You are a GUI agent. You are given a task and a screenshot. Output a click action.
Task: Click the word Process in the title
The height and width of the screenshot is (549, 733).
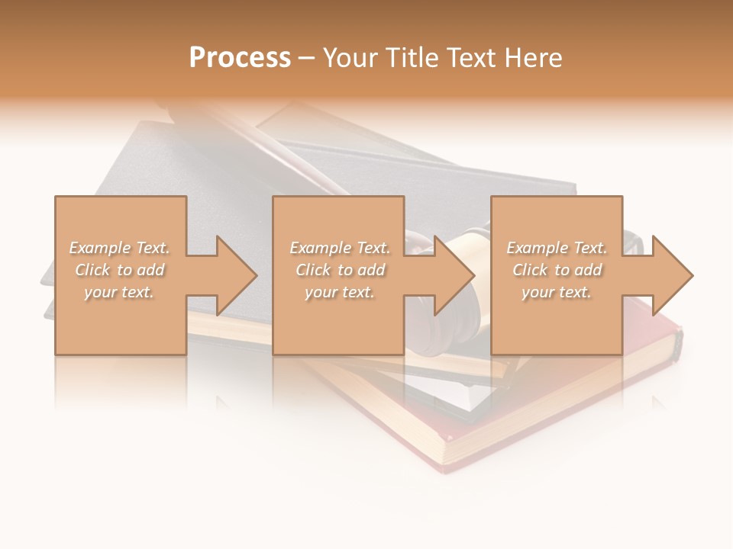[240, 58]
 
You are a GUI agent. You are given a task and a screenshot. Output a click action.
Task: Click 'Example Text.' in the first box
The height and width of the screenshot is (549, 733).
[119, 248]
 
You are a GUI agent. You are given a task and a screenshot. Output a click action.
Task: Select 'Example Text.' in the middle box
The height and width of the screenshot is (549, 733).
[340, 248]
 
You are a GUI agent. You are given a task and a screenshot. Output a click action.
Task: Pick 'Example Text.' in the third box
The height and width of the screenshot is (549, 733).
[557, 248]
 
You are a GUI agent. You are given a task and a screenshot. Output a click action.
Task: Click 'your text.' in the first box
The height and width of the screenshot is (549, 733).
[119, 292]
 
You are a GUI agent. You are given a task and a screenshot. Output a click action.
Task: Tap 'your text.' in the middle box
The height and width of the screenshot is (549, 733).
[340, 292]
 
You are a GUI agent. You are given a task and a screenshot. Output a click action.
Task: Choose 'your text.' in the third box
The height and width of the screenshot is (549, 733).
[557, 292]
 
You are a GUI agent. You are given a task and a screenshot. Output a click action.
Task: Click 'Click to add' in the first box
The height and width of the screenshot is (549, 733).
[119, 270]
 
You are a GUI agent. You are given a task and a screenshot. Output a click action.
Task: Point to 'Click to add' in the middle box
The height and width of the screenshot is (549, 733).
[340, 270]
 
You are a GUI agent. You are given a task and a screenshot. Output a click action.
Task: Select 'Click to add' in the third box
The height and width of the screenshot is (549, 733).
[557, 270]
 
